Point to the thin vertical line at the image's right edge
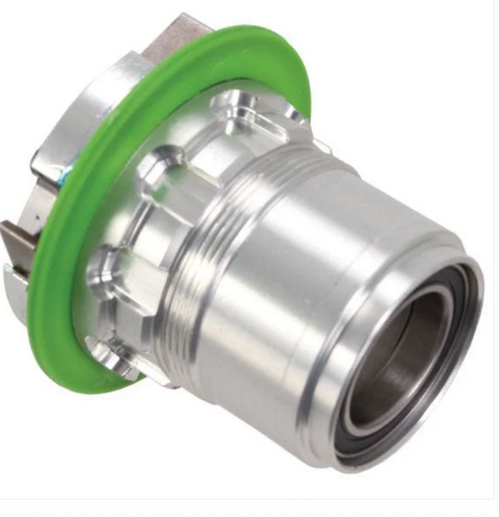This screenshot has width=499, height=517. pos(494,242)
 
